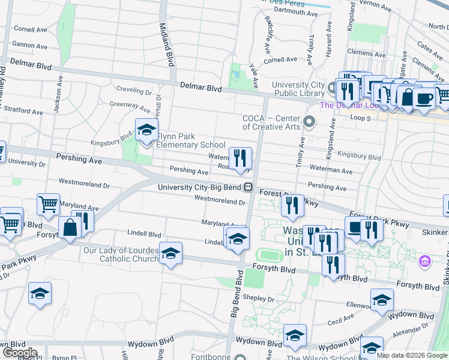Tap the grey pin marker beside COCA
point(310,122)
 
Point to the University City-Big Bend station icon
point(247,187)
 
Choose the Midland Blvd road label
point(166,43)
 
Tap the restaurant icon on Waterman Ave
point(240,158)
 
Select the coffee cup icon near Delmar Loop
point(424,98)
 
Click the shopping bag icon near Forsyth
point(70,228)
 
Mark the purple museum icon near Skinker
point(425,261)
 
